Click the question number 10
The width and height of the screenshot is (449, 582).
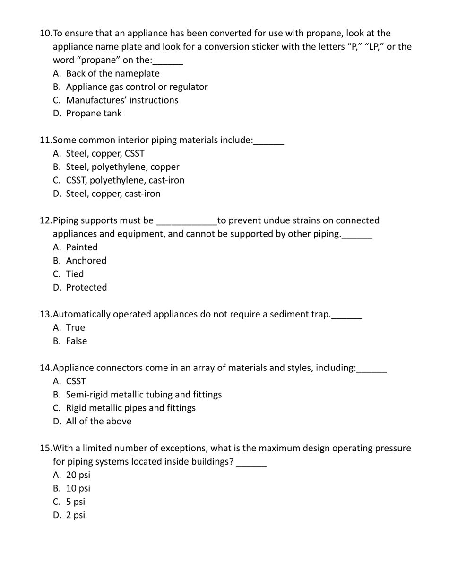(45, 34)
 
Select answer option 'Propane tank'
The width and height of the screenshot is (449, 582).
(94, 114)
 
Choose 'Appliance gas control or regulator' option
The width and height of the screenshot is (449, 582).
(137, 87)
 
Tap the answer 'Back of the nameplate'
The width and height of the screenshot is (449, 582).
(112, 74)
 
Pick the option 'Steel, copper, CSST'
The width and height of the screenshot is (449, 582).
(105, 154)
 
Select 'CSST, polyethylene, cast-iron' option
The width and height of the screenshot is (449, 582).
(125, 180)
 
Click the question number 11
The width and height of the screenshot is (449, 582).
(45, 141)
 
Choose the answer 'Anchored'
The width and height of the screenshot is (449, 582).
(86, 261)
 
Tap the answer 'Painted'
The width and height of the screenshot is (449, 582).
(82, 247)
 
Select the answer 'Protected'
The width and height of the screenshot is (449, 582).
(86, 288)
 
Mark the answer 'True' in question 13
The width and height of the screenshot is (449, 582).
(76, 328)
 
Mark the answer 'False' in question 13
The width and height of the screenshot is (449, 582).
(77, 341)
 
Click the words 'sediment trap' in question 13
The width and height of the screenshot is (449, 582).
(299, 315)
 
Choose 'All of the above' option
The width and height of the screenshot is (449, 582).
(99, 422)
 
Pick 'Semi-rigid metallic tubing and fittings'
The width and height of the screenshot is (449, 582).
(144, 395)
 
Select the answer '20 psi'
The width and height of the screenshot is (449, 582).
(78, 475)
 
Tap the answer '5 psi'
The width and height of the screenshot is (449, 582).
(76, 502)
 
